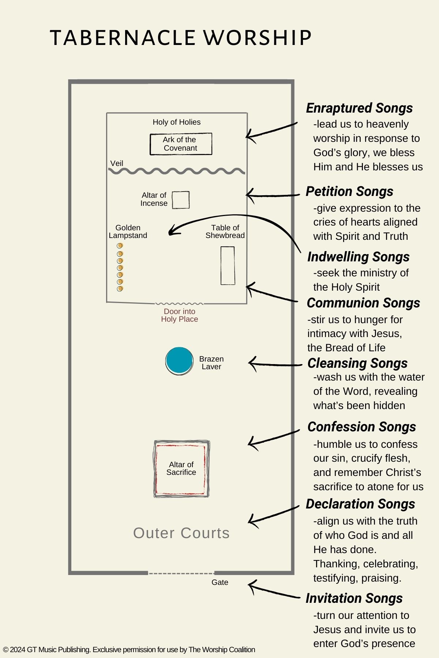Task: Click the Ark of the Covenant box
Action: (x=181, y=144)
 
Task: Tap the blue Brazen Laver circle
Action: (x=179, y=361)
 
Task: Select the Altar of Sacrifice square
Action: (x=181, y=469)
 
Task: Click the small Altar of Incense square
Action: (x=181, y=200)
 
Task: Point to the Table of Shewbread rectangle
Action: (x=228, y=265)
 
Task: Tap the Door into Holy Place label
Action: (x=180, y=315)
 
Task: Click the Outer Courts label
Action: (x=181, y=533)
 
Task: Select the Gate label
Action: (x=220, y=582)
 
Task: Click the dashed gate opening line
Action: (x=181, y=573)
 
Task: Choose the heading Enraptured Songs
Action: (x=359, y=108)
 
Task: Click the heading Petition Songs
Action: (x=349, y=192)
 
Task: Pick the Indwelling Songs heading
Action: (x=359, y=257)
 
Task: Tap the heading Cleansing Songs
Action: (x=357, y=363)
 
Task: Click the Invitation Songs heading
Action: (x=354, y=598)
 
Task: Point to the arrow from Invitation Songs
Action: (x=273, y=591)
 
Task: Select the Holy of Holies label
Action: (x=177, y=122)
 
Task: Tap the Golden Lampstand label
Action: (x=128, y=231)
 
